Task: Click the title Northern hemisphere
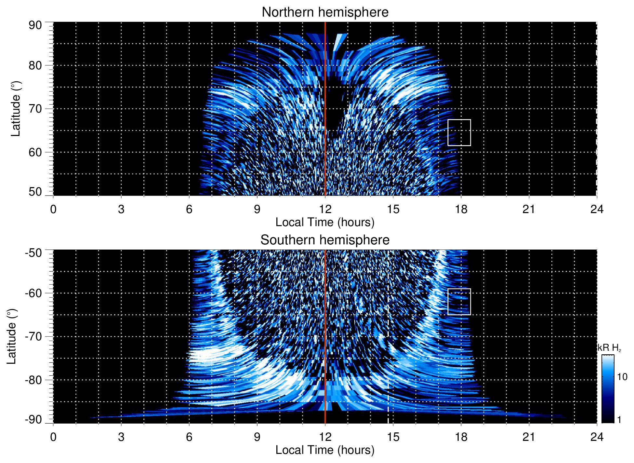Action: [x=325, y=12]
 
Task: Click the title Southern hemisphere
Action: [x=325, y=240]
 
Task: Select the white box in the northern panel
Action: [x=459, y=132]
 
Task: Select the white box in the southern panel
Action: [x=459, y=302]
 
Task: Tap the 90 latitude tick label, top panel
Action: [x=35, y=25]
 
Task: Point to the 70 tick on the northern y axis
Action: [x=35, y=109]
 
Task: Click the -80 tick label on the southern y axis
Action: [x=33, y=380]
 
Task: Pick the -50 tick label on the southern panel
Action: [x=33, y=253]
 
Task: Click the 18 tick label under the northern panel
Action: [x=461, y=209]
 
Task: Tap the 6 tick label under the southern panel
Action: [x=189, y=437]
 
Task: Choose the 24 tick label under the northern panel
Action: [x=597, y=209]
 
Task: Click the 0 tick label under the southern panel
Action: [x=53, y=437]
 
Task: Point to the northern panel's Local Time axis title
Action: [x=325, y=222]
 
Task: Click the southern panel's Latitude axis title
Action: [x=12, y=336]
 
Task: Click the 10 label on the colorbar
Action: [x=622, y=377]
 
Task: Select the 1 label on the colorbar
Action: [x=619, y=420]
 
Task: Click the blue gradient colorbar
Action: [x=608, y=389]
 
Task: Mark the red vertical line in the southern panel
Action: [x=325, y=336]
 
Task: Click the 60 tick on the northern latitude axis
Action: [x=35, y=152]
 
